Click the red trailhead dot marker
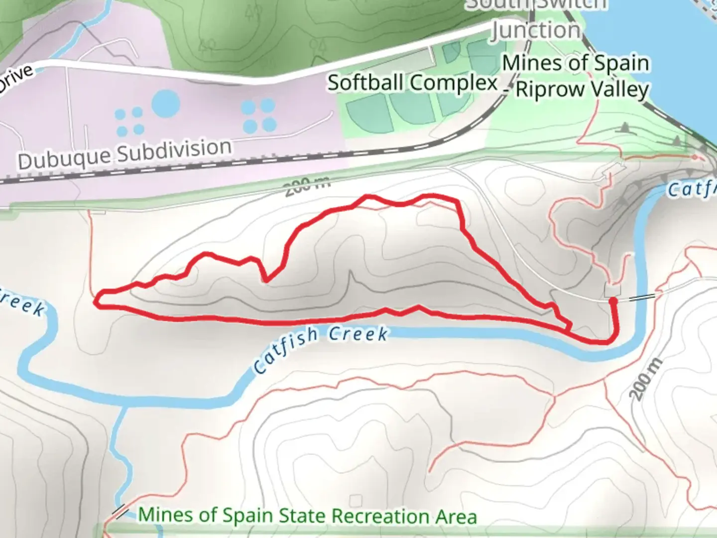click(x=613, y=300)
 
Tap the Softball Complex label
click(x=413, y=83)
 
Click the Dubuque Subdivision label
click(x=125, y=153)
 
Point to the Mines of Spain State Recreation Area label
click(x=307, y=516)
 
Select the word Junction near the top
click(x=537, y=31)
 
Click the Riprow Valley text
click(x=582, y=90)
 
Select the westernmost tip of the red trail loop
click(x=98, y=300)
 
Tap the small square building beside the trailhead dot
click(x=612, y=290)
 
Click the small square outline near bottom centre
click(x=355, y=500)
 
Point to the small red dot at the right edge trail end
click(x=695, y=157)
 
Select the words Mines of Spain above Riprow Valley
click(x=576, y=64)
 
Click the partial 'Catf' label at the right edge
click(x=691, y=189)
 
